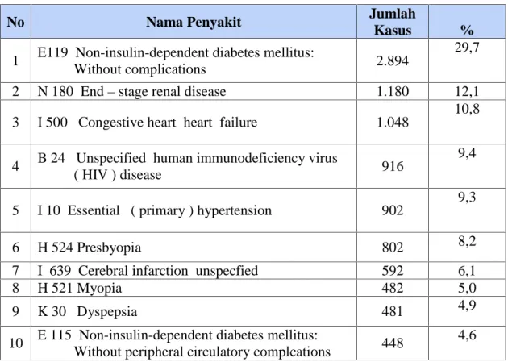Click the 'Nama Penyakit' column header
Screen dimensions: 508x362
point(194,23)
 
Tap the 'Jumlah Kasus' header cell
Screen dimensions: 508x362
point(393,22)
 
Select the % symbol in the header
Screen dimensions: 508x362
point(467,30)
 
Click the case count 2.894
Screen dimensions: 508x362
point(393,61)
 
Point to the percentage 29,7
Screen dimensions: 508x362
point(467,48)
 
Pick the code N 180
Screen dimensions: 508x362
point(55,91)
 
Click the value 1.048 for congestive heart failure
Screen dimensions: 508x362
point(393,123)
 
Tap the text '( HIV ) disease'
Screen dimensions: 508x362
point(118,175)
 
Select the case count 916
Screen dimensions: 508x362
point(393,166)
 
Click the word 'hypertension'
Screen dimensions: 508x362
point(234,210)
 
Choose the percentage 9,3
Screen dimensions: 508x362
point(467,198)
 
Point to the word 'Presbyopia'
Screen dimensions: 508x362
point(109,248)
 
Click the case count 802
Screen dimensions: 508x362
point(393,248)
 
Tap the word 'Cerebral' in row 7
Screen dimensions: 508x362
point(101,271)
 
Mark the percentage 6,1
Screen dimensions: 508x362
point(467,271)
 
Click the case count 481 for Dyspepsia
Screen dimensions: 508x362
point(393,311)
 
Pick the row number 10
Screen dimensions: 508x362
point(15,343)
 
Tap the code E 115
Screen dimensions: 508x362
point(54,335)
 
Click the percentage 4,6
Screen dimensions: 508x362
point(467,335)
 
